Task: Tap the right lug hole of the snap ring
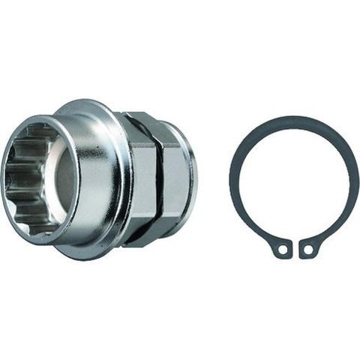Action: [x=307, y=247]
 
